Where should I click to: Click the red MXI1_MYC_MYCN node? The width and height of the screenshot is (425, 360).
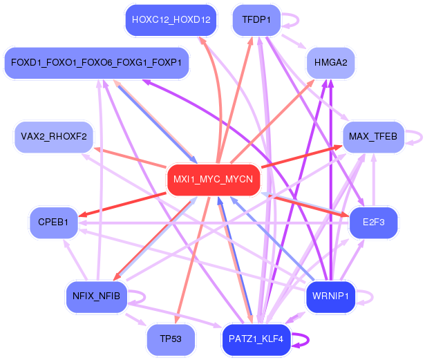point(214,180)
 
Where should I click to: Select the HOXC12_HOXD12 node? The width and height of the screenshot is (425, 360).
point(171,19)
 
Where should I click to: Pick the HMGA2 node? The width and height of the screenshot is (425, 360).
point(330,63)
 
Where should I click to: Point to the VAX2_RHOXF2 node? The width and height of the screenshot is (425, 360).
point(54,135)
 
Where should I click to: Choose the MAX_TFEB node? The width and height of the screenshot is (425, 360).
point(373,135)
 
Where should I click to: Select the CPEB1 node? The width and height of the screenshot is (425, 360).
point(53,222)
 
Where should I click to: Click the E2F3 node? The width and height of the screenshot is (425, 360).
point(373,222)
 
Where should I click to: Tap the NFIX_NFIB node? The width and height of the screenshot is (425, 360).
point(96,296)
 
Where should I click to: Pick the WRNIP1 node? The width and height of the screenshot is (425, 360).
point(330,296)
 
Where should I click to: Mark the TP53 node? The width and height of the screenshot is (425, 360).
point(171,339)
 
